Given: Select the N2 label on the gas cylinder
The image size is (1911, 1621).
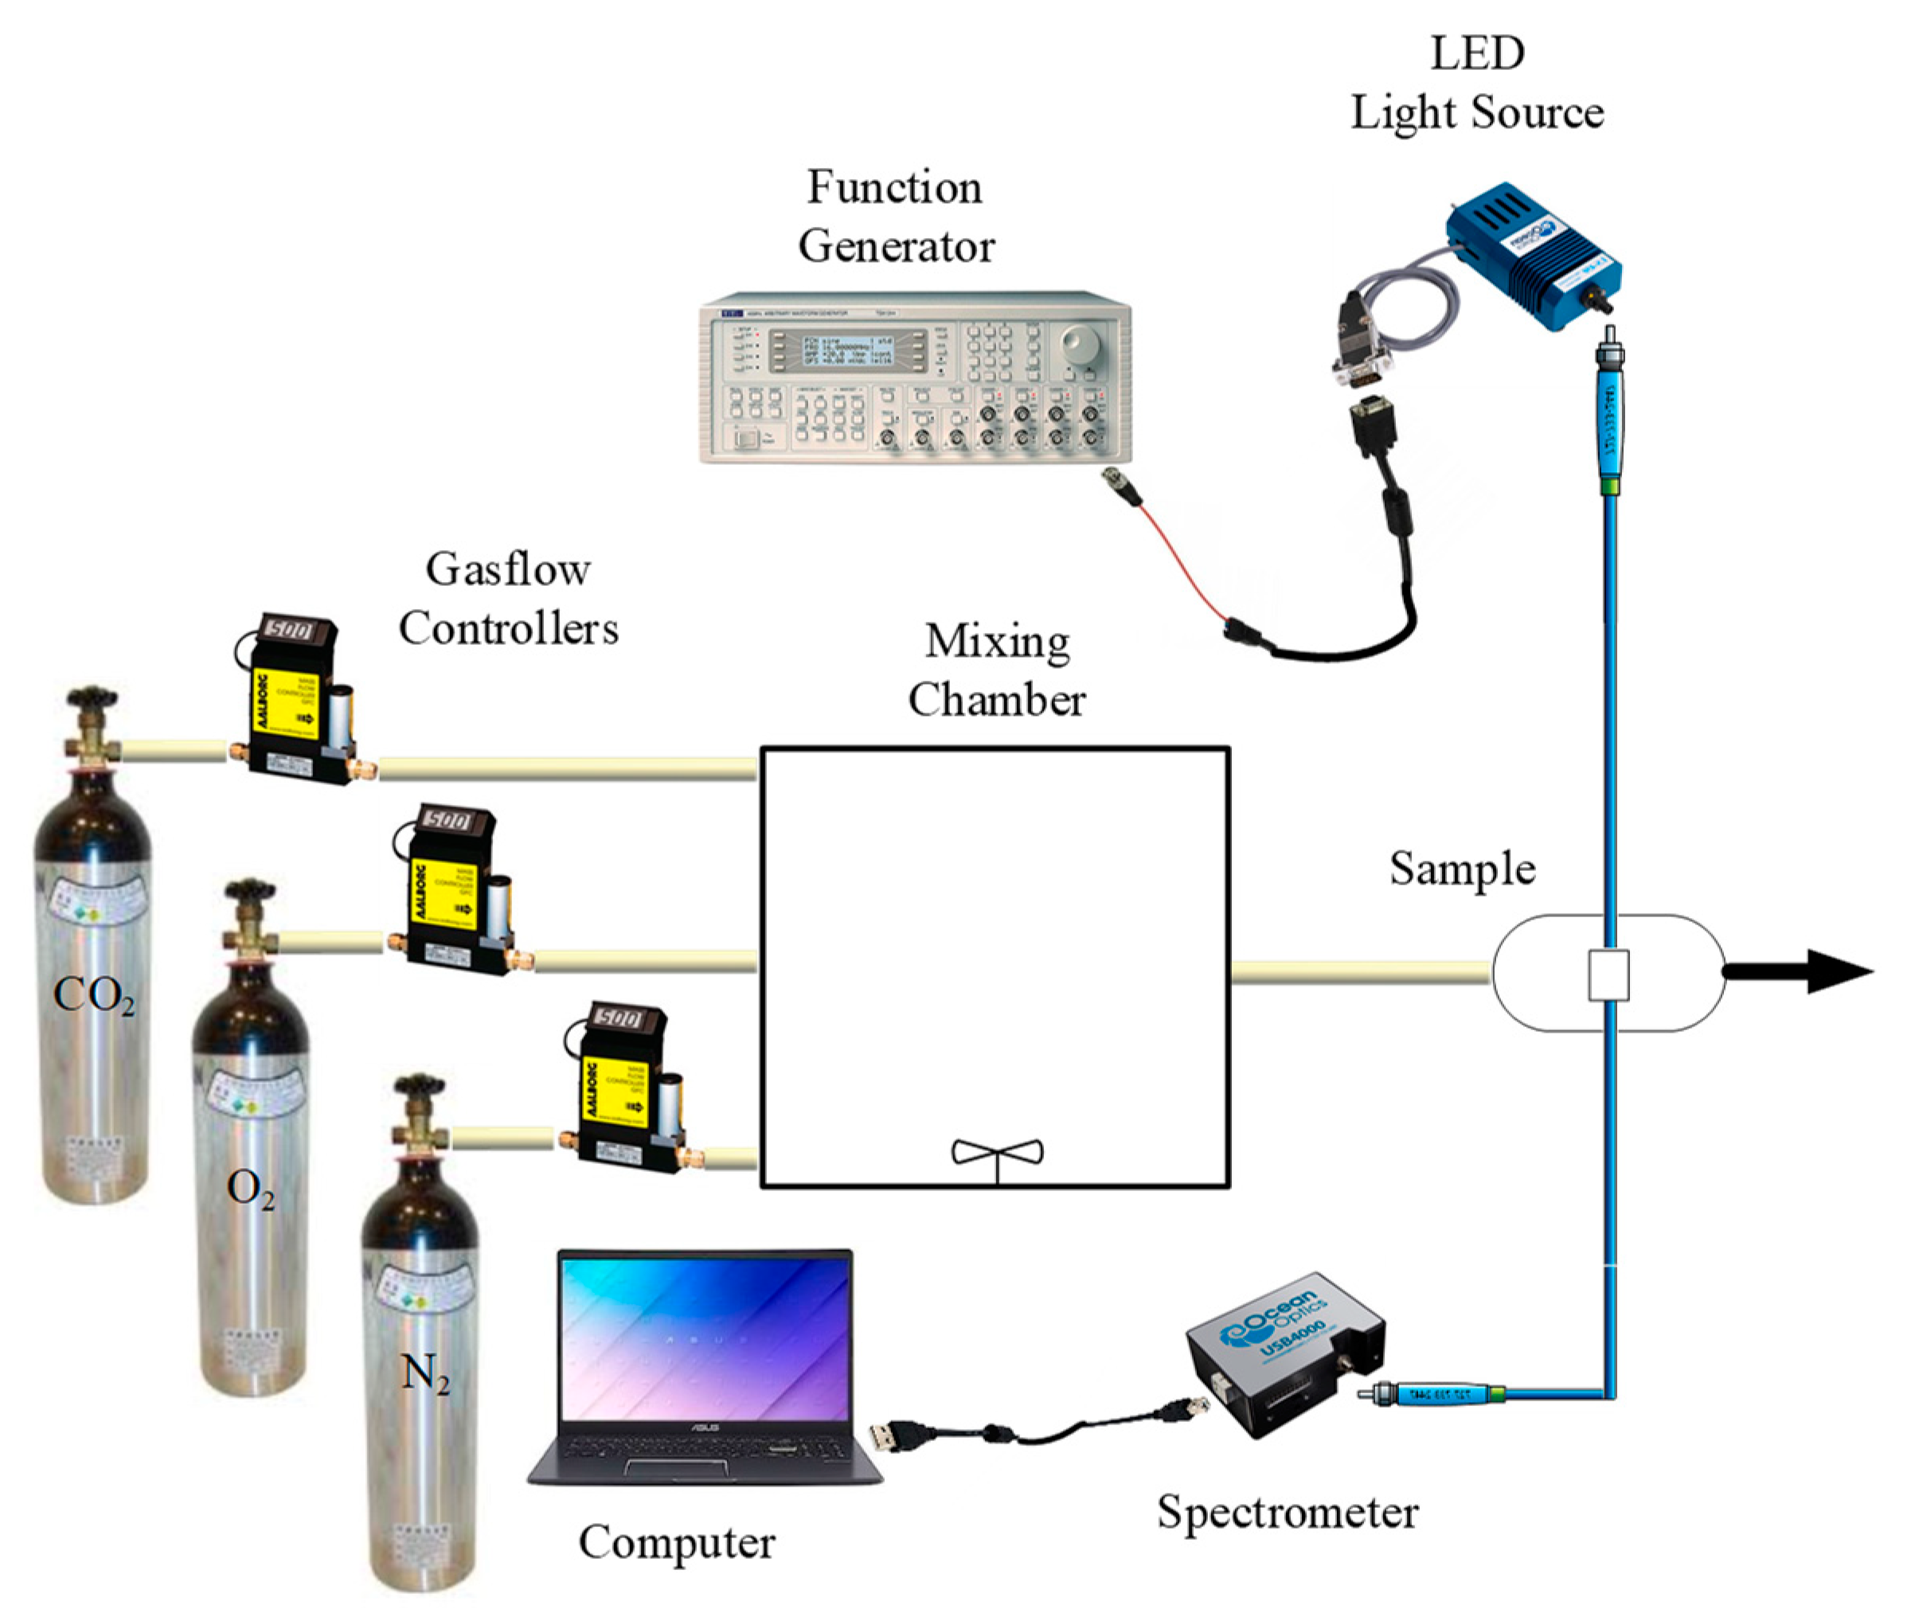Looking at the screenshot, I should (425, 1376).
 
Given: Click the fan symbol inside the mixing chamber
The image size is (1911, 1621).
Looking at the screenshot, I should (998, 1154).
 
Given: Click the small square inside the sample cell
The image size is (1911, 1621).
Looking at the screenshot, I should (1608, 974).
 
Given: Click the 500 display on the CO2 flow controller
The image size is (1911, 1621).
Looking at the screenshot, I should (287, 631).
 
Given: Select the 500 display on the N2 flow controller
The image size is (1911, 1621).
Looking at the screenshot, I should (619, 1018).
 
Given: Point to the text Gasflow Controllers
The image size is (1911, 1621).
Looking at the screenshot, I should (507, 600).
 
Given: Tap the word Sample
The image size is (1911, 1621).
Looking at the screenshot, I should (1461, 869).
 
